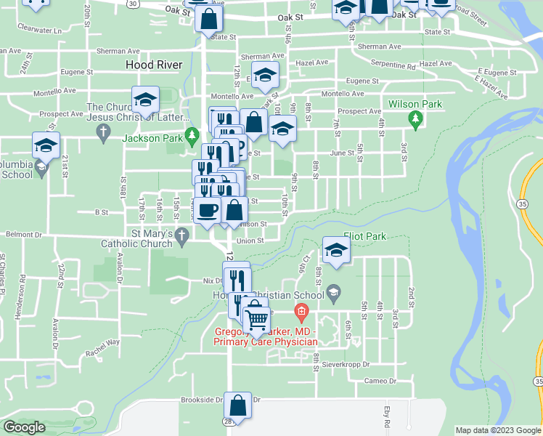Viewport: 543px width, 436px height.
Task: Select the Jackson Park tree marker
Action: pyautogui.click(x=192, y=135)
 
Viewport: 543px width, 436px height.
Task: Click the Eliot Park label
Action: pyautogui.click(x=366, y=236)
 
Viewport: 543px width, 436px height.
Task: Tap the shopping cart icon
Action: pyautogui.click(x=256, y=320)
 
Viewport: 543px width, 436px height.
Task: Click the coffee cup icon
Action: pyautogui.click(x=208, y=210)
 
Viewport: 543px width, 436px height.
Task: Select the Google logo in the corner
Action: pyautogui.click(x=24, y=427)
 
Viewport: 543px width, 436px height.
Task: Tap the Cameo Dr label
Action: pyautogui.click(x=380, y=381)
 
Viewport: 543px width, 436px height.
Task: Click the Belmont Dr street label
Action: pyautogui.click(x=25, y=235)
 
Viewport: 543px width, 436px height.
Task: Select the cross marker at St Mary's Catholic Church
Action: pyautogui.click(x=182, y=235)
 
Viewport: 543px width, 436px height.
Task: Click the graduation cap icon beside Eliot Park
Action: pyautogui.click(x=337, y=250)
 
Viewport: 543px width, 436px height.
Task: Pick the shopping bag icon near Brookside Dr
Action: pyautogui.click(x=237, y=405)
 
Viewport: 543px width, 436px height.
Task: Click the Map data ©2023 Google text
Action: pyautogui.click(x=498, y=430)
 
